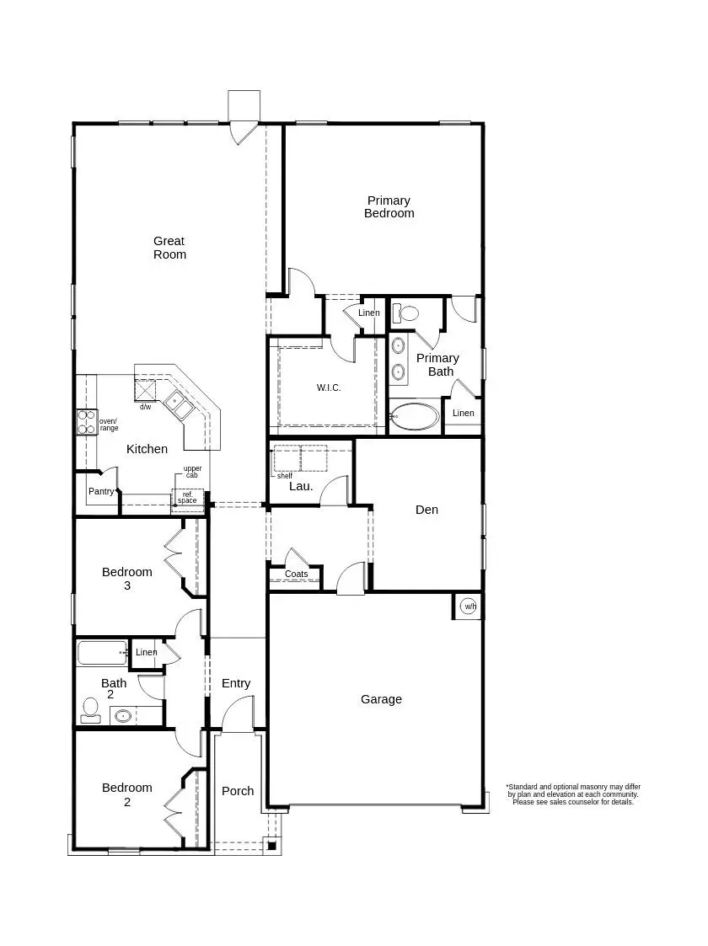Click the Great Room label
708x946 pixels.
(169, 248)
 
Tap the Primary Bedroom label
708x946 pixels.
(389, 206)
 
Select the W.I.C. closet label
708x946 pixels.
(329, 387)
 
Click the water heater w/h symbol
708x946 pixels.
(469, 607)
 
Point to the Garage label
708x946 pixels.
(381, 699)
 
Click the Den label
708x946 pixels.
(426, 510)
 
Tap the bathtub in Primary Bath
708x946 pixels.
(415, 416)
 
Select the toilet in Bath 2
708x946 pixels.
(90, 711)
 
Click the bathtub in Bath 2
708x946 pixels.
(102, 653)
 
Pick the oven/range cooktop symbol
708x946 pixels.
(86, 421)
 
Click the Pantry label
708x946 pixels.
(101, 491)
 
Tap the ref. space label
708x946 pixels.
(187, 498)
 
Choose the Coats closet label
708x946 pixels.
(296, 575)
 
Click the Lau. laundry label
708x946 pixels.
(301, 486)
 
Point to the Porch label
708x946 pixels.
(238, 791)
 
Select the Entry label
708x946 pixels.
(236, 683)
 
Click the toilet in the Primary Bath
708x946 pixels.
(408, 313)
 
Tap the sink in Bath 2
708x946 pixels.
(123, 717)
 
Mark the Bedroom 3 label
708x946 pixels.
(127, 578)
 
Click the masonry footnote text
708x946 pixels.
(572, 794)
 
